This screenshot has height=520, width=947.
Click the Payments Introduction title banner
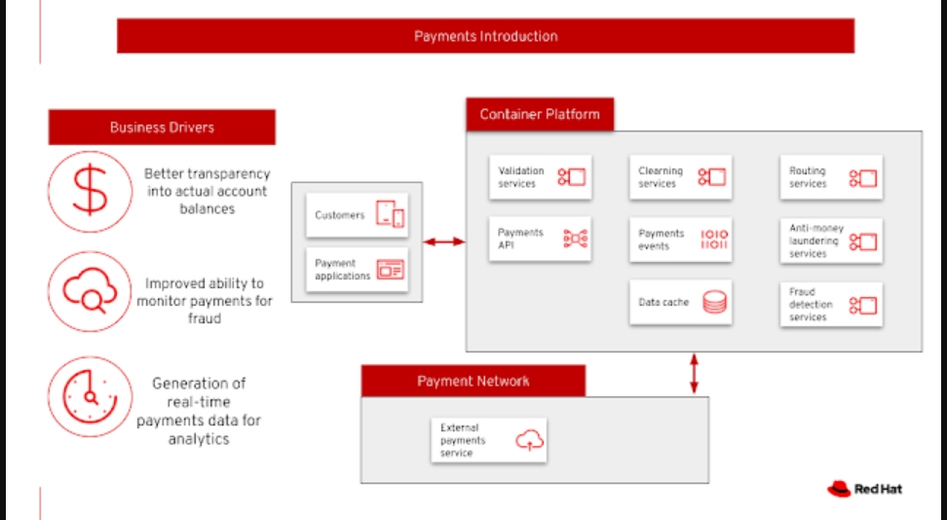[485, 36]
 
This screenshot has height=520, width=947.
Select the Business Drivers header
[162, 128]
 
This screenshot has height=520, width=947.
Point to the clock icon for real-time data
[89, 396]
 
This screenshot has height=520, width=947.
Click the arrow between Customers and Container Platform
[444, 240]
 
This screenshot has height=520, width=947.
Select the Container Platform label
[539, 115]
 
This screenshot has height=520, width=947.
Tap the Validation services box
[540, 176]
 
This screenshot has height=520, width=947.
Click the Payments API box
[540, 239]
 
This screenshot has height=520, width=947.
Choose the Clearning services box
[680, 176]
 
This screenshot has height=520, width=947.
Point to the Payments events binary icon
[714, 240]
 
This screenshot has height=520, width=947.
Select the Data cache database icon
[715, 302]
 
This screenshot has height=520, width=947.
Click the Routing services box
[831, 177]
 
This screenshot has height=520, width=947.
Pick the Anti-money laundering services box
[831, 241]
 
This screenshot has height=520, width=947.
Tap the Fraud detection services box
[831, 305]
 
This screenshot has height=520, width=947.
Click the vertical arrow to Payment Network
[694, 374]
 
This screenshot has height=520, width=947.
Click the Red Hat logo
[865, 489]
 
